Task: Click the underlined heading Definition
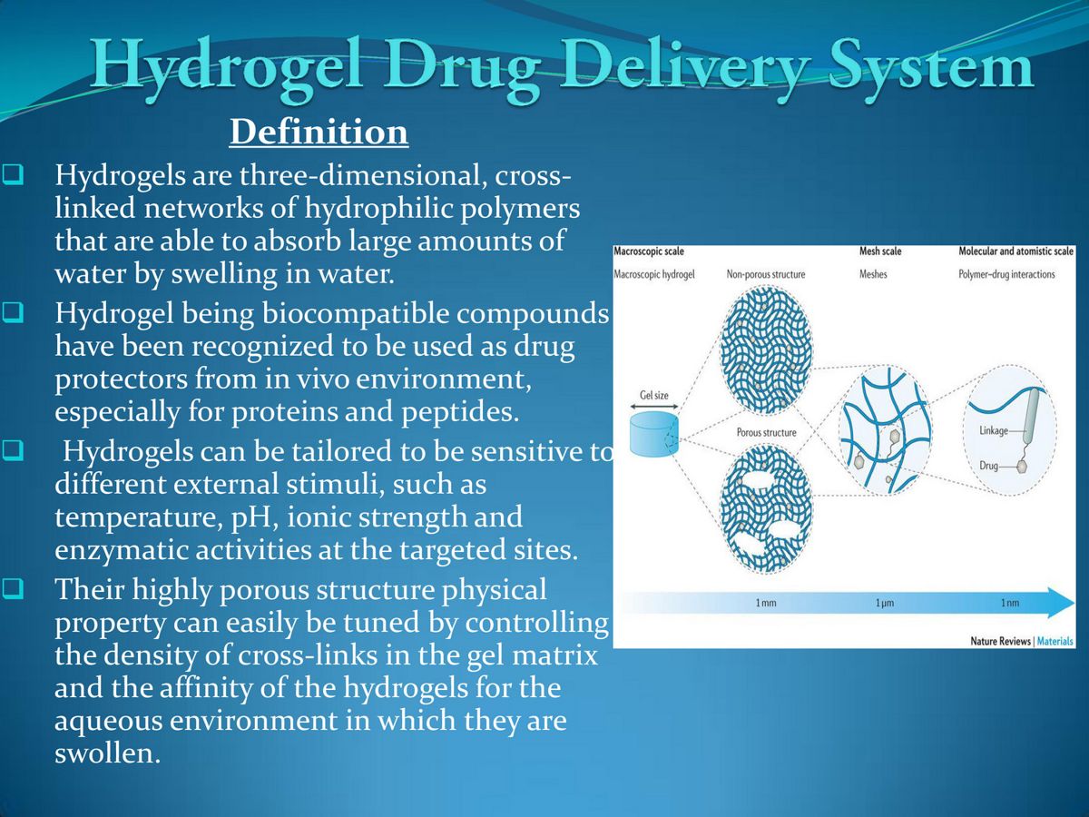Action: click(x=319, y=133)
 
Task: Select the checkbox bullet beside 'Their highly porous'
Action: click(x=13, y=590)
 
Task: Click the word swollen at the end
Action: click(x=107, y=754)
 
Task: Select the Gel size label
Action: click(x=654, y=396)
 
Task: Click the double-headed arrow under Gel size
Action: click(x=653, y=408)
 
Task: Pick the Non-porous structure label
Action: click(x=765, y=274)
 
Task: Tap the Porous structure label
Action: click(x=766, y=432)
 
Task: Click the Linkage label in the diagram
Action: click(x=994, y=430)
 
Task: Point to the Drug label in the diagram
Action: click(x=989, y=466)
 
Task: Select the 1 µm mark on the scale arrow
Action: click(x=885, y=604)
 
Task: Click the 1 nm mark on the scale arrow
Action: click(x=1009, y=604)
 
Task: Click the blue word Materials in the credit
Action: click(x=1055, y=641)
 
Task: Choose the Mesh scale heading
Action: click(x=880, y=251)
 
